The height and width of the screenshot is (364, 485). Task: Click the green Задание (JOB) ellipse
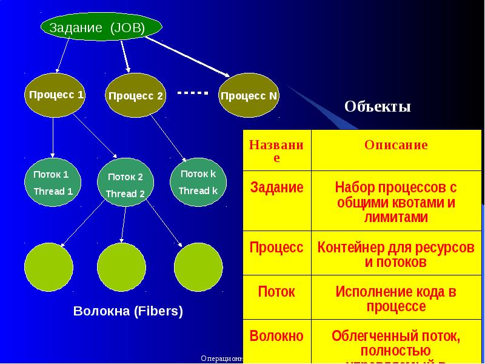tap(101, 27)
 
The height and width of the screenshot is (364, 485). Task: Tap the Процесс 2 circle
tap(135, 96)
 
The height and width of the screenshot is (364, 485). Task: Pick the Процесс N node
tap(249, 95)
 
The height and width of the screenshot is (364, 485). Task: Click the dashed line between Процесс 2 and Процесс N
tap(193, 93)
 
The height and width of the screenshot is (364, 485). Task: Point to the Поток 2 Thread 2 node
tap(125, 185)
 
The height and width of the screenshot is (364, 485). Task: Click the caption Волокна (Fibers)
tap(128, 312)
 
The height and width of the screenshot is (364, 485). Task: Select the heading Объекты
tap(377, 107)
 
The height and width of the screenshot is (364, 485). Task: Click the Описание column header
tap(396, 145)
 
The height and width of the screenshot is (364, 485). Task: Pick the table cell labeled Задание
tap(276, 188)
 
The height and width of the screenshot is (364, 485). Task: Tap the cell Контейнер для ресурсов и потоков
tap(396, 255)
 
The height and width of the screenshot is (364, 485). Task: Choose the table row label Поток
tap(276, 292)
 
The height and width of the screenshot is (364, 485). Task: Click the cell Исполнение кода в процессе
tap(396, 299)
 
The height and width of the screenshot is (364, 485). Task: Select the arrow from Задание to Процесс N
tap(188, 56)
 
